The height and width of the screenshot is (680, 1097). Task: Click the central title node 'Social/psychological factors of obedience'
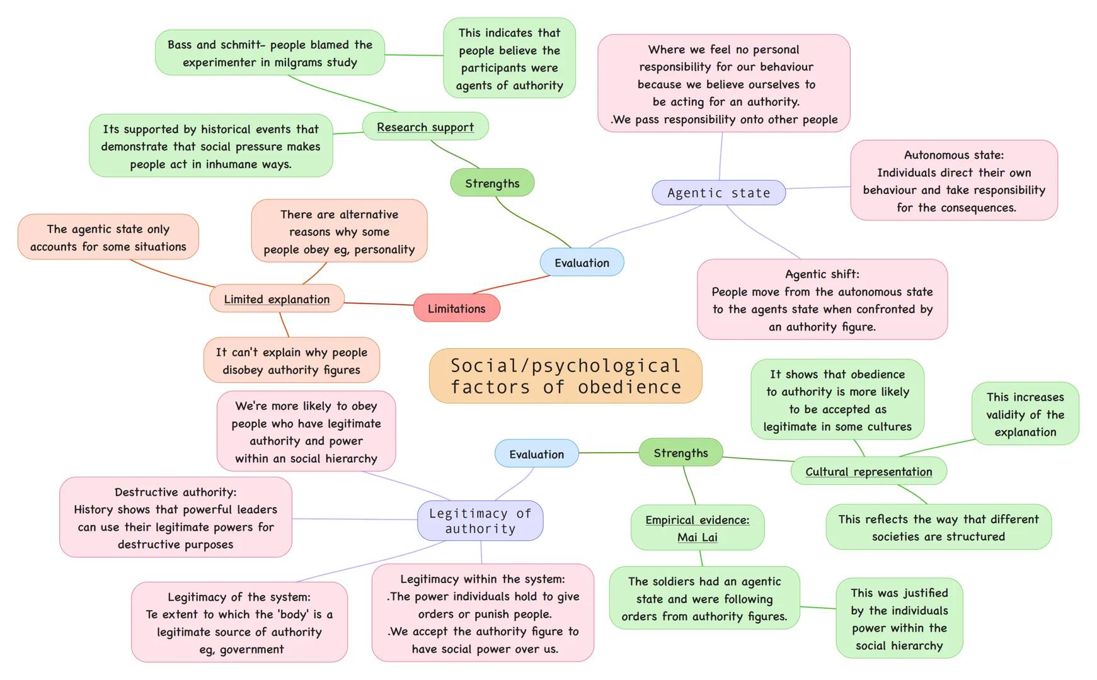[565, 376]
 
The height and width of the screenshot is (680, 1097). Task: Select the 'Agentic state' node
[718, 193]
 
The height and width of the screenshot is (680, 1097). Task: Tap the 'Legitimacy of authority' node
[480, 521]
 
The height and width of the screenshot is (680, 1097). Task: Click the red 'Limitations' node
[456, 309]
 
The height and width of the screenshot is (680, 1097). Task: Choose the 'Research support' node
[425, 127]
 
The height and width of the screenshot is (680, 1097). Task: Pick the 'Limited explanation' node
[277, 299]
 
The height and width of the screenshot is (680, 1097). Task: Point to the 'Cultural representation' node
[868, 472]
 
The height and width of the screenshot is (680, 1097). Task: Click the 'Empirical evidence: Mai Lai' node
[697, 528]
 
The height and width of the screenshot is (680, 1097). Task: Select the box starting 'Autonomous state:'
[953, 181]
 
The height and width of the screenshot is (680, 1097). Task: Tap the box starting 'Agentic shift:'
[822, 300]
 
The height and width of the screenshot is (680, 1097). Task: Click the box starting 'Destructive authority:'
[175, 518]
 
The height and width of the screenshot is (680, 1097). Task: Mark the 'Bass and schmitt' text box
[270, 53]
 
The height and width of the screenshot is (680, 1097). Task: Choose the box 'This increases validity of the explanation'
[1025, 414]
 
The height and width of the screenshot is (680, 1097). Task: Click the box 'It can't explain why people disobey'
[291, 360]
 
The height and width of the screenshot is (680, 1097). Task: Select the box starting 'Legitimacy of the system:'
[239, 622]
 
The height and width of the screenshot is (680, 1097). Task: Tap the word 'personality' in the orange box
[384, 249]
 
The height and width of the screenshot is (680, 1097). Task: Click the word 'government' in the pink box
[251, 649]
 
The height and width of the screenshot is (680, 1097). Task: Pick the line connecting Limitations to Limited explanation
[379, 304]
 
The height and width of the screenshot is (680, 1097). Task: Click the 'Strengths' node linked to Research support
[492, 183]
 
